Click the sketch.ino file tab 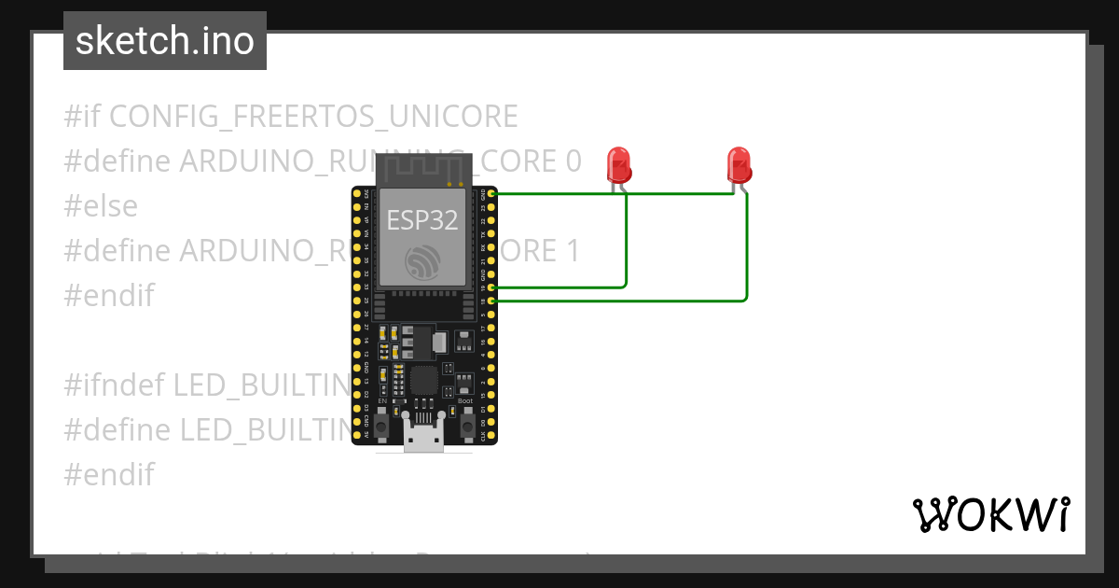(x=164, y=41)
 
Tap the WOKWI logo (x=990, y=515)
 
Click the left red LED (x=618, y=165)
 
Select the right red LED (x=739, y=165)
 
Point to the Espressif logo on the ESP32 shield (x=423, y=263)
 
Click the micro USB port (x=424, y=439)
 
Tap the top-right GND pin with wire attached (x=491, y=193)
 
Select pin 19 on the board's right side (x=491, y=288)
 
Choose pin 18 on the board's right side (x=491, y=301)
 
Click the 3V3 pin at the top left (x=357, y=193)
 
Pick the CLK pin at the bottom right (x=491, y=436)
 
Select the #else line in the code (x=101, y=206)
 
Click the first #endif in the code (x=108, y=296)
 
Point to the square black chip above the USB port (x=424, y=380)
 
